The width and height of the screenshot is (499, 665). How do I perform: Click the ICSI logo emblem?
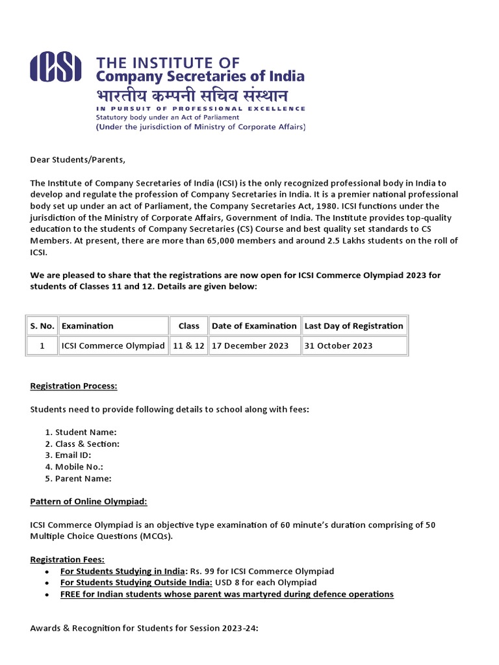56,67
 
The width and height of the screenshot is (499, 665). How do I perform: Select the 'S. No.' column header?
42,326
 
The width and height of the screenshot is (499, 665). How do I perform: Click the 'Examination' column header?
87,326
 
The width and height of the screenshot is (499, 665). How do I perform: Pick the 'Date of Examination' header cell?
254,326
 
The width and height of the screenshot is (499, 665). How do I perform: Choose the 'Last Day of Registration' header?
353,326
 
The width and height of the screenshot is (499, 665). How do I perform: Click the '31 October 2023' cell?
339,345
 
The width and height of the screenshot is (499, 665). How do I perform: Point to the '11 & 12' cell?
188,345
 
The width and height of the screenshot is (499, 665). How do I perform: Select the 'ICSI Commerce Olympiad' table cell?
113,345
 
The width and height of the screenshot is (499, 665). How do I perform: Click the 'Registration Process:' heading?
73,386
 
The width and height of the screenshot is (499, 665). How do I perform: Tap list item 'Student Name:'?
86,432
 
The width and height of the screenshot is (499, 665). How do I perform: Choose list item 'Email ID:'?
73,455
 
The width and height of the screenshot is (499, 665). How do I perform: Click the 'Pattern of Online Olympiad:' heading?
88,501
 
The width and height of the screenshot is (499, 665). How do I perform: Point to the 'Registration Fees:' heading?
68,560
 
